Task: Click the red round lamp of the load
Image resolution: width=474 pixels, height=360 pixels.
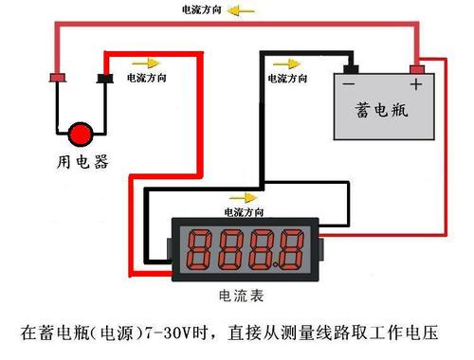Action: (81, 135)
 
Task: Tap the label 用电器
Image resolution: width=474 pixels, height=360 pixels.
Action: (82, 162)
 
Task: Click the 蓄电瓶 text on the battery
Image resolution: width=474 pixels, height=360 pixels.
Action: (381, 110)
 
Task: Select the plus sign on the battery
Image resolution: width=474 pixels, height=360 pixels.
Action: (416, 84)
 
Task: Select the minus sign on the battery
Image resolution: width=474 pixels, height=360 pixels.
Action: (349, 84)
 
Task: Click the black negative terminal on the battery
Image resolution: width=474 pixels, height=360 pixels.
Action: (351, 69)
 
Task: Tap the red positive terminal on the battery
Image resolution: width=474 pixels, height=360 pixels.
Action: (417, 69)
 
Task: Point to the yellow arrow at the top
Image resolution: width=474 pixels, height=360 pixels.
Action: (241, 11)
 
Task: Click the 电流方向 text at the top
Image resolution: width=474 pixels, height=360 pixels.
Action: (201, 9)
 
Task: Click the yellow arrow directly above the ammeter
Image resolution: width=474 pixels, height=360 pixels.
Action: (244, 198)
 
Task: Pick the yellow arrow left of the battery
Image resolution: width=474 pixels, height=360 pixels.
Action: (287, 64)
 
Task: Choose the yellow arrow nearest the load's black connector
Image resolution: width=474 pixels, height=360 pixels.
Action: (146, 63)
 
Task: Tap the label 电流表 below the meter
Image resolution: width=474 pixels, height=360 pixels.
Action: (241, 297)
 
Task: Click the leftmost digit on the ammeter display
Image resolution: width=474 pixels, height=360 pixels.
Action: (199, 250)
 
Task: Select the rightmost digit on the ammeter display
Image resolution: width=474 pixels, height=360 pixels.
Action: (291, 250)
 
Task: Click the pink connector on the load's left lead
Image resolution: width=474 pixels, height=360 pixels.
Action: (58, 78)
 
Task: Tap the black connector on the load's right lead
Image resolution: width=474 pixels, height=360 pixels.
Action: (105, 79)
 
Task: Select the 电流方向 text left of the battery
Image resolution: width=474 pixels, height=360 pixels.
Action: (287, 79)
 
